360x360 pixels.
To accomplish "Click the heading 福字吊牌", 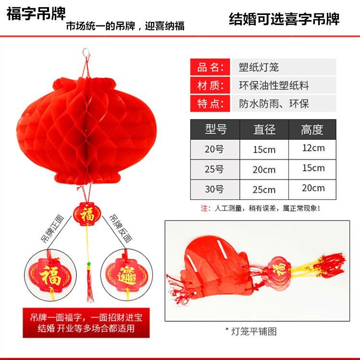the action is (36, 13).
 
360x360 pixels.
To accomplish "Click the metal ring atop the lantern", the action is (87, 51).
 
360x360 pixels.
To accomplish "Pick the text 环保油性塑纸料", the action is (274, 85).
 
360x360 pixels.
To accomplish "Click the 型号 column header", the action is (216, 129).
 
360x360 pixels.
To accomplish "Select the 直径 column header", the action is (264, 129).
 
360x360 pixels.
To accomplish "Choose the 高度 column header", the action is (312, 129).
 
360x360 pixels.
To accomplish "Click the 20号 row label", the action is (214, 149).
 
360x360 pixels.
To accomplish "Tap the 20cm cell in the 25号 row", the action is (264, 169).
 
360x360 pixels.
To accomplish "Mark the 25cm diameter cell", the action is (264, 190).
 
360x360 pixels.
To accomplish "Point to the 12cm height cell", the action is (313, 148).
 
